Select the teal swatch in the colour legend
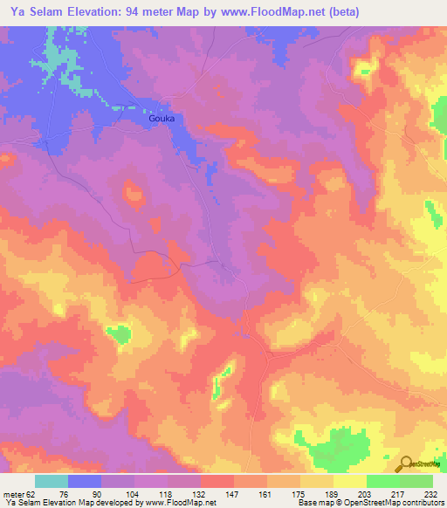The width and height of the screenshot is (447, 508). pos(52,481)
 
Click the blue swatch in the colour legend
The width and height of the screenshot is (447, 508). pos(85,481)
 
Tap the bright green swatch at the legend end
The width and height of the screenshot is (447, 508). pos(416,481)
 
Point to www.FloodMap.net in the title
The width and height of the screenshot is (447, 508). pos(273,12)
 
